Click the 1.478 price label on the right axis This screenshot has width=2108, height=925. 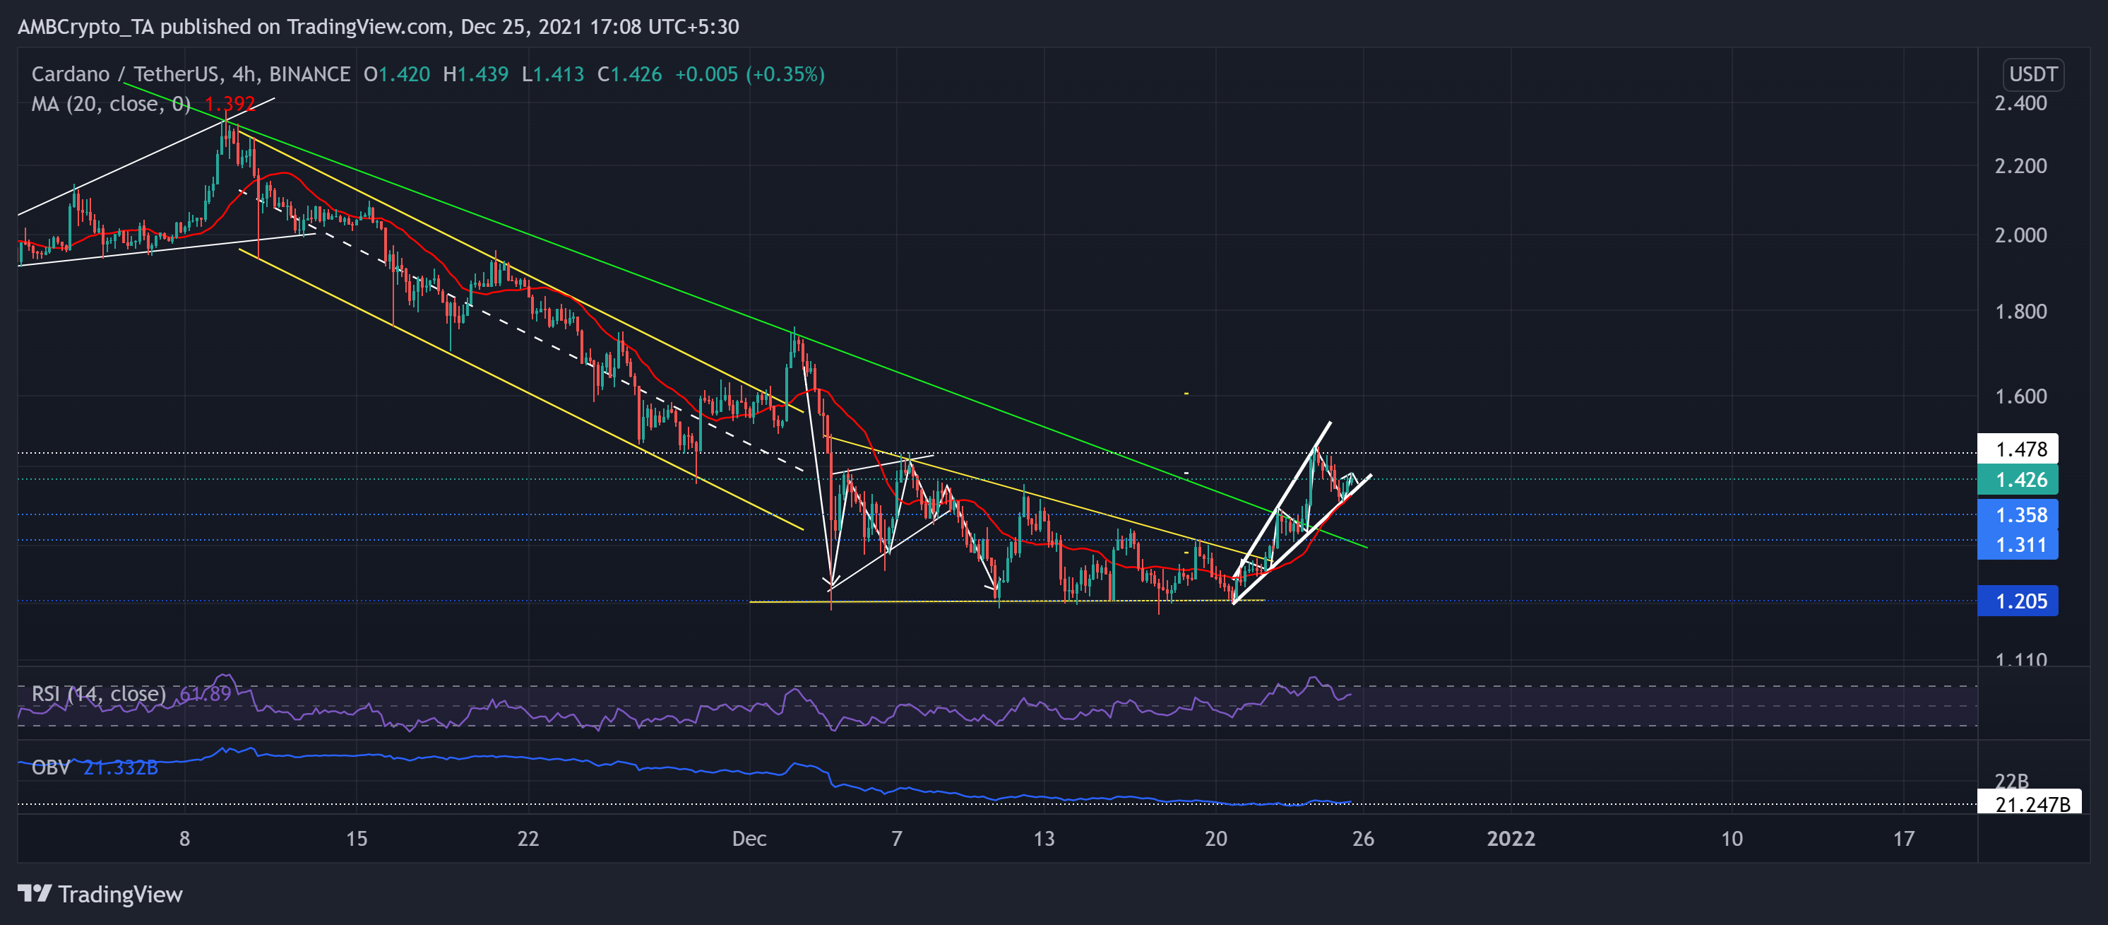click(2020, 449)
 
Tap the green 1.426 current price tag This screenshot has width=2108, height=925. click(2020, 480)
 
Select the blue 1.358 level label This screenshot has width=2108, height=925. click(2020, 515)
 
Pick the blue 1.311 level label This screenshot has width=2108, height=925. click(2020, 544)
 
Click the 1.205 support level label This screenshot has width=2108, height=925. click(2020, 601)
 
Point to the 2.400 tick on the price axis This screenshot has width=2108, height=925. click(2020, 103)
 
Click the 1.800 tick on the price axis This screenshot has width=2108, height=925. click(2020, 311)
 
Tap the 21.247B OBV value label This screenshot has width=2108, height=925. click(2032, 804)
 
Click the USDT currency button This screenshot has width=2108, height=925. click(2032, 74)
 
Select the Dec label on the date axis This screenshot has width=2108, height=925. click(749, 838)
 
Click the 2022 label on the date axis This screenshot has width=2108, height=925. click(1510, 838)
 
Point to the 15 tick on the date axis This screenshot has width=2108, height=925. click(356, 838)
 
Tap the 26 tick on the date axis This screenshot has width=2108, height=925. click(1362, 838)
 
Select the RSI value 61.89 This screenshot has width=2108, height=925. click(206, 694)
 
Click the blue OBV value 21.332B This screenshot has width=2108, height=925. click(120, 767)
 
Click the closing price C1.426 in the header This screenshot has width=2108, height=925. click(629, 74)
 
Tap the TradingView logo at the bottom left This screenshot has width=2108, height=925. click(100, 893)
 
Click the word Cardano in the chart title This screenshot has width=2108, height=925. click(71, 74)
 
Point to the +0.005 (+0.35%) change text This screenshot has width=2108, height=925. click(749, 74)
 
